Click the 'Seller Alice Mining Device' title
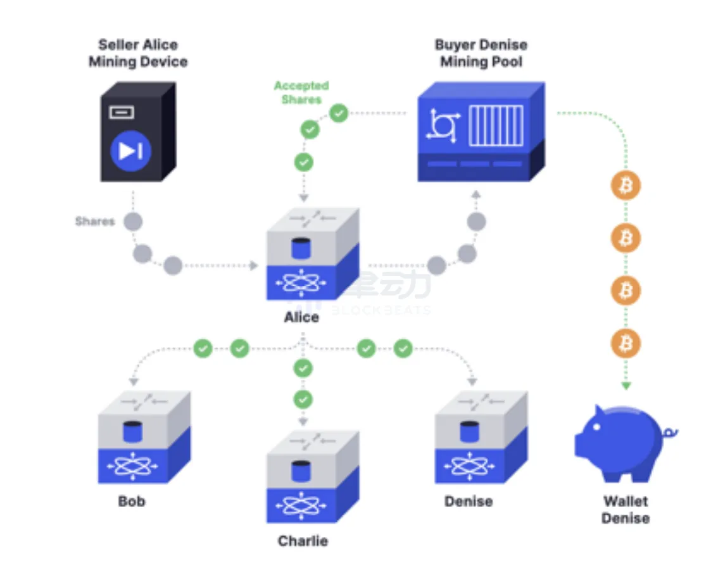pyautogui.click(x=138, y=53)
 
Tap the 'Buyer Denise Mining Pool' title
pyautogui.click(x=481, y=53)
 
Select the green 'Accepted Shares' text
pyautogui.click(x=301, y=92)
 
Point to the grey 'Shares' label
pyautogui.click(x=95, y=221)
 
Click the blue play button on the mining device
pyautogui.click(x=130, y=151)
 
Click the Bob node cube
pyautogui.click(x=144, y=438)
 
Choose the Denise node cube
pyautogui.click(x=481, y=438)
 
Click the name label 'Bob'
pyautogui.click(x=132, y=501)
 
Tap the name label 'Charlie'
pyautogui.click(x=303, y=541)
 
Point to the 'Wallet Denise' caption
pyautogui.click(x=626, y=510)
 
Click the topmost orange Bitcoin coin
pyautogui.click(x=626, y=186)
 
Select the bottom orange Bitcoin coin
pyautogui.click(x=626, y=344)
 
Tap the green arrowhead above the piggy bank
pyautogui.click(x=626, y=385)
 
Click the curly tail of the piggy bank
pyautogui.click(x=670, y=432)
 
